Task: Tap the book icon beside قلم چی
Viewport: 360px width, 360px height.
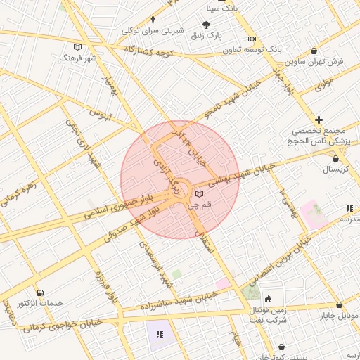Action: [x=199, y=193]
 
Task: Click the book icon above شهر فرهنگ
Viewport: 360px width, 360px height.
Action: [x=77, y=46]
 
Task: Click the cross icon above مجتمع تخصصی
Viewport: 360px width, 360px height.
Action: [x=319, y=120]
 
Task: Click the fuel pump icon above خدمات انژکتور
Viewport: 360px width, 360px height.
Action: [x=40, y=292]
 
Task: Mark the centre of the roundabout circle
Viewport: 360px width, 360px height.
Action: [x=179, y=191]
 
